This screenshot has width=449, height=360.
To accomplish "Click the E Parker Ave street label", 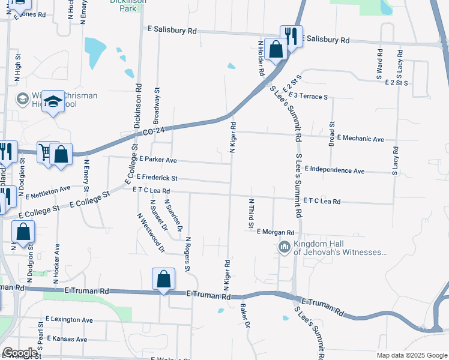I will (x=158, y=160).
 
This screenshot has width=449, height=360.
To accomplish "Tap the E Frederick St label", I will (x=157, y=178).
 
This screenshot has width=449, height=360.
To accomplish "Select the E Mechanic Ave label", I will (x=360, y=139).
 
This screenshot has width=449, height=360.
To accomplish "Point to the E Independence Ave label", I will (x=334, y=170).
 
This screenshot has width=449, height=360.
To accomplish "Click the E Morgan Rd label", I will (x=276, y=232).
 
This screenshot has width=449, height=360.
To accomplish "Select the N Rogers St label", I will (x=188, y=253).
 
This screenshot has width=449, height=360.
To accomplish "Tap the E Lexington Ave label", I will (x=68, y=320).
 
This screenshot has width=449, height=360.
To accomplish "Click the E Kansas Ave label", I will (x=65, y=339).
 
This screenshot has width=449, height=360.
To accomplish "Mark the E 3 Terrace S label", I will (x=307, y=95).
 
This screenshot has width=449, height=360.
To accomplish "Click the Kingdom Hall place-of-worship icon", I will (x=285, y=247).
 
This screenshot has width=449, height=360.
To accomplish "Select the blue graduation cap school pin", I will (x=54, y=103).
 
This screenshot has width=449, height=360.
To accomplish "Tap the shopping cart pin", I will (x=45, y=151).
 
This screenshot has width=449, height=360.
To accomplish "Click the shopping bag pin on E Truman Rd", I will (x=163, y=279).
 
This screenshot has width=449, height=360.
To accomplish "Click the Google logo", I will (x=20, y=353).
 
